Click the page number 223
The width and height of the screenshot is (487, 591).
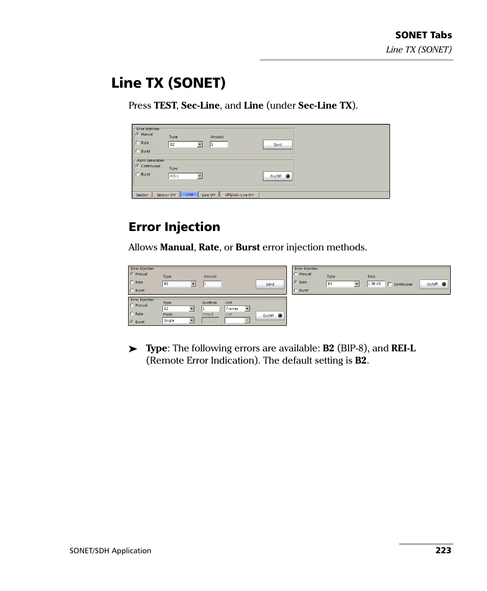coord(443,550)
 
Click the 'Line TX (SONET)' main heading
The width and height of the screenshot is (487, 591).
coord(168,83)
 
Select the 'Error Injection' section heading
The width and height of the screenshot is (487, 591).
coord(174,227)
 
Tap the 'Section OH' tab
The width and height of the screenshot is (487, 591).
coord(166,195)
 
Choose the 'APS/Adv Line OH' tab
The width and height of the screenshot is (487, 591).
coord(239,195)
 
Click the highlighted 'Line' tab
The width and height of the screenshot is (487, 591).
coord(189,194)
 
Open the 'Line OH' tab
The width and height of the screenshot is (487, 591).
coord(208,195)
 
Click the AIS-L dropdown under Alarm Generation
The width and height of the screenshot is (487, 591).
coord(185,176)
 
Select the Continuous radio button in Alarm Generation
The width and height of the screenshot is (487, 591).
coord(137,166)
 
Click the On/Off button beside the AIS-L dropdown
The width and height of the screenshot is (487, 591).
coord(278,176)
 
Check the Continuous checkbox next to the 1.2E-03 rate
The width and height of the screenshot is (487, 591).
coord(390,284)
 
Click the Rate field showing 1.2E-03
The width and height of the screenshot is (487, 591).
coord(376,284)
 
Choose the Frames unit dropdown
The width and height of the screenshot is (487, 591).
coord(237,309)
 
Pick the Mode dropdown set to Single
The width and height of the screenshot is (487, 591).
coord(178,321)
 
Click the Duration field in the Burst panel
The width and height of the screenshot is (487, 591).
coord(210,309)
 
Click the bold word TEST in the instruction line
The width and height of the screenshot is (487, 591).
coord(165,106)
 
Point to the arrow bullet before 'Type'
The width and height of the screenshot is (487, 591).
coord(133,349)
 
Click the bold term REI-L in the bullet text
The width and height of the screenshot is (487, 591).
coord(403,348)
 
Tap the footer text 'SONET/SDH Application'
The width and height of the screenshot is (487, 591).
coord(111,551)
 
